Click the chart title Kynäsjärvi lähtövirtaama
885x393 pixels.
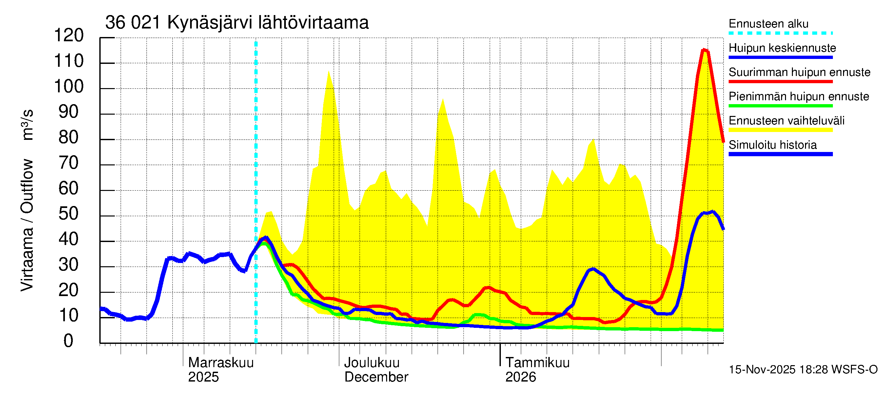point(237,23)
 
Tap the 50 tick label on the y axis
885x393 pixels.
point(69,214)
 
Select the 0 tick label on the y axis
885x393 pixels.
point(69,341)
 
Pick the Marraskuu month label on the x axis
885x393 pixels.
point(221,363)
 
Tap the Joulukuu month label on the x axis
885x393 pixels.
point(372,363)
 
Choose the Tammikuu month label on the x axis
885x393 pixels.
point(537,363)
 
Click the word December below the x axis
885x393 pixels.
point(376,377)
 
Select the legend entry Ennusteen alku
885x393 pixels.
point(769,24)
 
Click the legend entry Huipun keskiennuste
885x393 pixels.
point(782,48)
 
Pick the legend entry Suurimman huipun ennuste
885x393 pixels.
point(799,72)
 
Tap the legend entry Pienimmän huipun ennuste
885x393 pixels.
point(799,96)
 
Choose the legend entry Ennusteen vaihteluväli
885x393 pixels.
point(786,121)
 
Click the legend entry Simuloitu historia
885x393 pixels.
point(773,145)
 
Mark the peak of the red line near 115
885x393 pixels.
point(704,50)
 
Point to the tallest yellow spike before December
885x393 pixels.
point(328,71)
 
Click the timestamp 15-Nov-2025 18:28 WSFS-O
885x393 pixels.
point(803,370)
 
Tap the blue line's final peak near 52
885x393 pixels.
point(713,212)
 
